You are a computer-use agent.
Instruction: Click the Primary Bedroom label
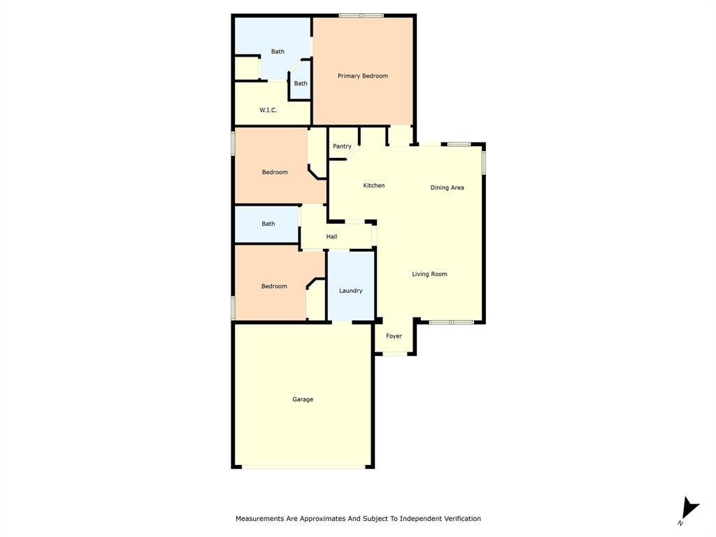click(362, 76)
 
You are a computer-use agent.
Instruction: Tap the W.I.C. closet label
click(268, 110)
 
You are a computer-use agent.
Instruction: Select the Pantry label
click(342, 146)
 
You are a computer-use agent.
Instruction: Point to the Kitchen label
click(373, 185)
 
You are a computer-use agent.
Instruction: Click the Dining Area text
click(447, 187)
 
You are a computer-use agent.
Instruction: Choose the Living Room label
click(429, 274)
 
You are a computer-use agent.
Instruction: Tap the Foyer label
click(394, 336)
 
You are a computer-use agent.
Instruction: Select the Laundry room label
click(350, 291)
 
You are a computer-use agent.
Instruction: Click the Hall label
click(331, 237)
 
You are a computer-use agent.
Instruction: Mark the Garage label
click(303, 399)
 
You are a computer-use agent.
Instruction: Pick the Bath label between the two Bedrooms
click(268, 224)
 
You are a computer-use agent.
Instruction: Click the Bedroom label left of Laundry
click(274, 286)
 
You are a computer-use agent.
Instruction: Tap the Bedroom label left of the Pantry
click(275, 172)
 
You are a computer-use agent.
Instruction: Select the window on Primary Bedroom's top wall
click(361, 15)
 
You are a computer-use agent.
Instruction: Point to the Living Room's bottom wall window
click(451, 322)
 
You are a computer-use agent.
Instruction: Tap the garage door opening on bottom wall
click(303, 466)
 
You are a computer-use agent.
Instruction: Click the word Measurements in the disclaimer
click(261, 519)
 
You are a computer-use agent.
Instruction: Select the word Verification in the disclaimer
click(459, 519)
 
